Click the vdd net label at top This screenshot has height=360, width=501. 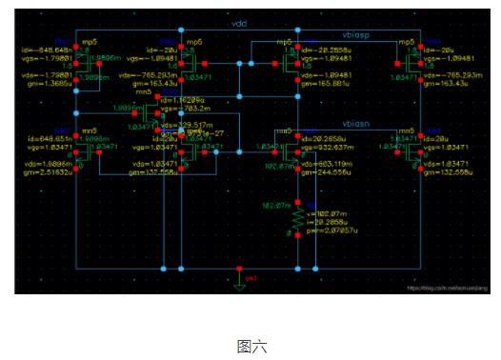(x=239, y=20)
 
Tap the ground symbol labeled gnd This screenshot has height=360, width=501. (x=240, y=279)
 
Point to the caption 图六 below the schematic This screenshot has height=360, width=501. (x=251, y=346)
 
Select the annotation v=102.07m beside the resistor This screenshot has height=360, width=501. (x=324, y=214)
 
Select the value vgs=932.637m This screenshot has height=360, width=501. (x=330, y=148)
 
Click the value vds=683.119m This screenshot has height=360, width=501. (x=328, y=165)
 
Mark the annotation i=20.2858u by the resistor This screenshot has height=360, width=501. (x=327, y=223)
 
